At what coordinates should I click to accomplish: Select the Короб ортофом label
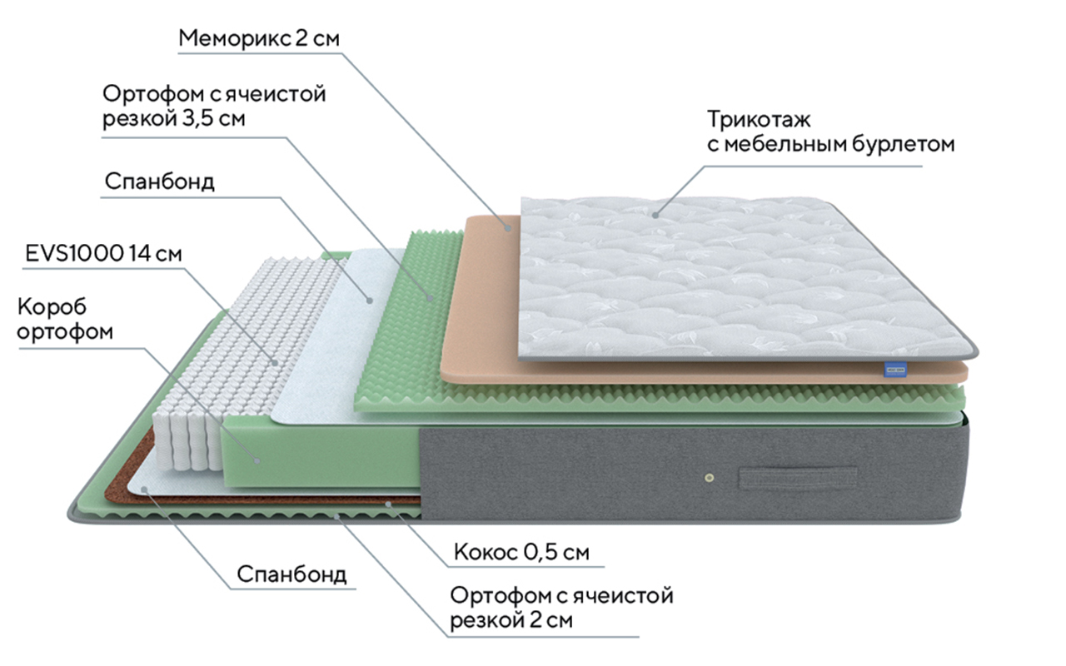[65, 320]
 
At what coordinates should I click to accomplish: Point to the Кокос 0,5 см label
[521, 552]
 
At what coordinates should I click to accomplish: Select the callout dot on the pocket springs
[274, 361]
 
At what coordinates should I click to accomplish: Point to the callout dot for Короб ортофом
[257, 460]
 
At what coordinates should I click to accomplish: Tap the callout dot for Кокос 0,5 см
[388, 504]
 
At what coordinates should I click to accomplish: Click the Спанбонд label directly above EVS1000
[159, 182]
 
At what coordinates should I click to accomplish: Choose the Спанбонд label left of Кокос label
[291, 574]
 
